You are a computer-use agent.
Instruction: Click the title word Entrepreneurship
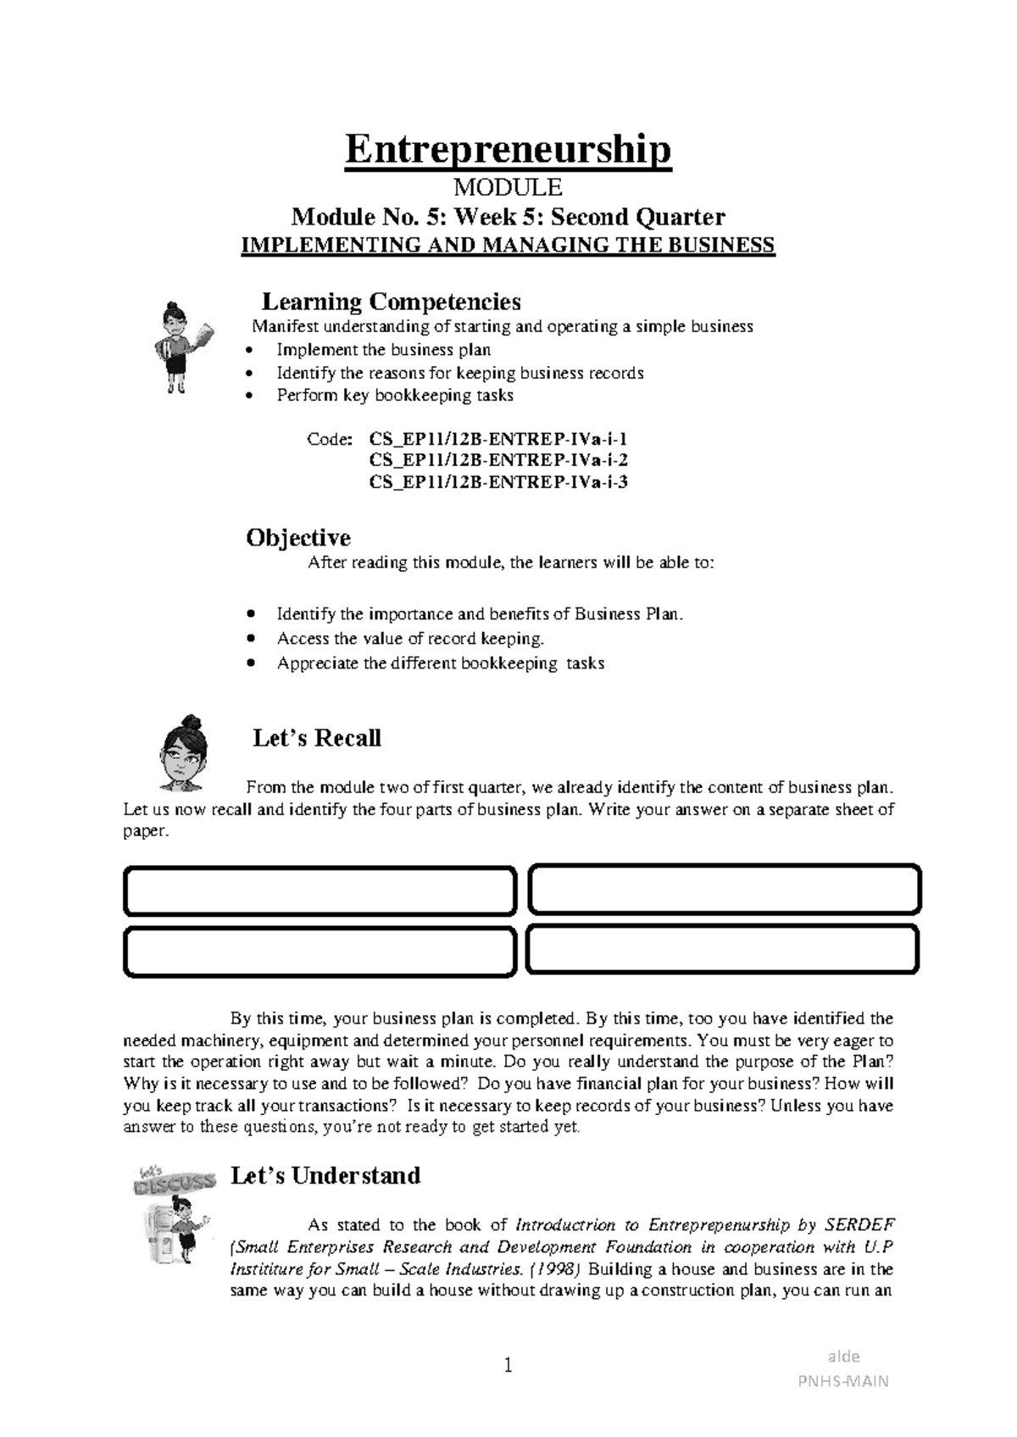coord(508,150)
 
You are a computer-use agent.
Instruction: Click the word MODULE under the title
coord(508,187)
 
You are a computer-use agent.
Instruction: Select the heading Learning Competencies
coord(391,302)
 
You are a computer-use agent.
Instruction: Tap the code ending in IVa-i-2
coord(498,461)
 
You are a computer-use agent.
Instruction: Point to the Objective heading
coord(298,538)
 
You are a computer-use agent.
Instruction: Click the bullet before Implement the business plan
coord(247,351)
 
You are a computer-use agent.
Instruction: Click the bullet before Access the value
coord(249,639)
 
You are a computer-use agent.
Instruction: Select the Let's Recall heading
coord(317,738)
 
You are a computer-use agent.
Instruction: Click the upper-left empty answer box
coord(320,890)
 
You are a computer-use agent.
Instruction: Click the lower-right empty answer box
coord(722,950)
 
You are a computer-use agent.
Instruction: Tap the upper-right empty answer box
coord(724,890)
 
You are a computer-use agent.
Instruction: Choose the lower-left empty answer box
coord(320,952)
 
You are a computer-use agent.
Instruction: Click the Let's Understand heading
coord(325,1176)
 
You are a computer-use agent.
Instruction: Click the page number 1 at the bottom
coord(508,1365)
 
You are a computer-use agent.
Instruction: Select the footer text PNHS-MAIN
coord(843,1381)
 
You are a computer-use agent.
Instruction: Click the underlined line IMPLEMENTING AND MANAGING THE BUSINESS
coord(508,246)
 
